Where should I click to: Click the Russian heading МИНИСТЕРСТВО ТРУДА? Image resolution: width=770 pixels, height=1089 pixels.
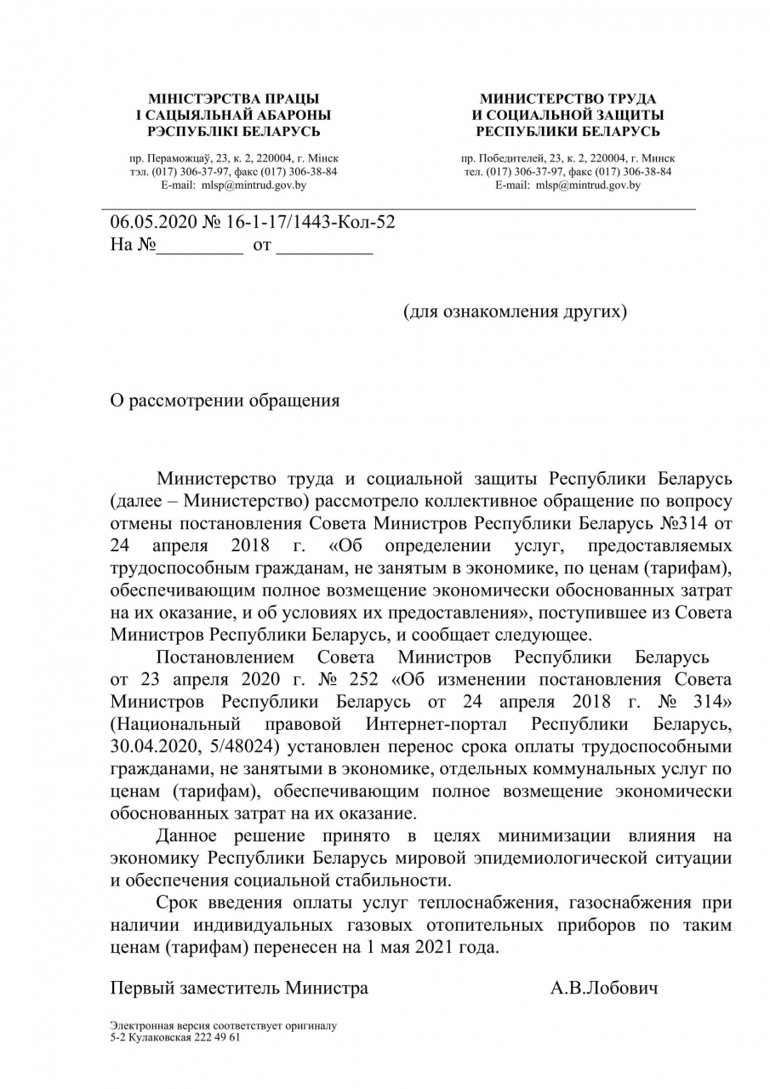(568, 100)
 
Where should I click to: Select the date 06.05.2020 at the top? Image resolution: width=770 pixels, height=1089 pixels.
(153, 223)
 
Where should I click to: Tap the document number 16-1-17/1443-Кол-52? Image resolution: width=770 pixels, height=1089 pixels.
(310, 223)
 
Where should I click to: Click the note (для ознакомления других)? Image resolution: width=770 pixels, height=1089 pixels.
(515, 311)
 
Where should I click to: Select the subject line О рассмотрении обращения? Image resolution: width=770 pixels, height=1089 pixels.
(225, 401)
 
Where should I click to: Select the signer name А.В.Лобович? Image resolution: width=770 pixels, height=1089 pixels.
(603, 988)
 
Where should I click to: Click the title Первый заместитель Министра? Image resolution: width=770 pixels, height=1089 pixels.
(239, 988)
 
